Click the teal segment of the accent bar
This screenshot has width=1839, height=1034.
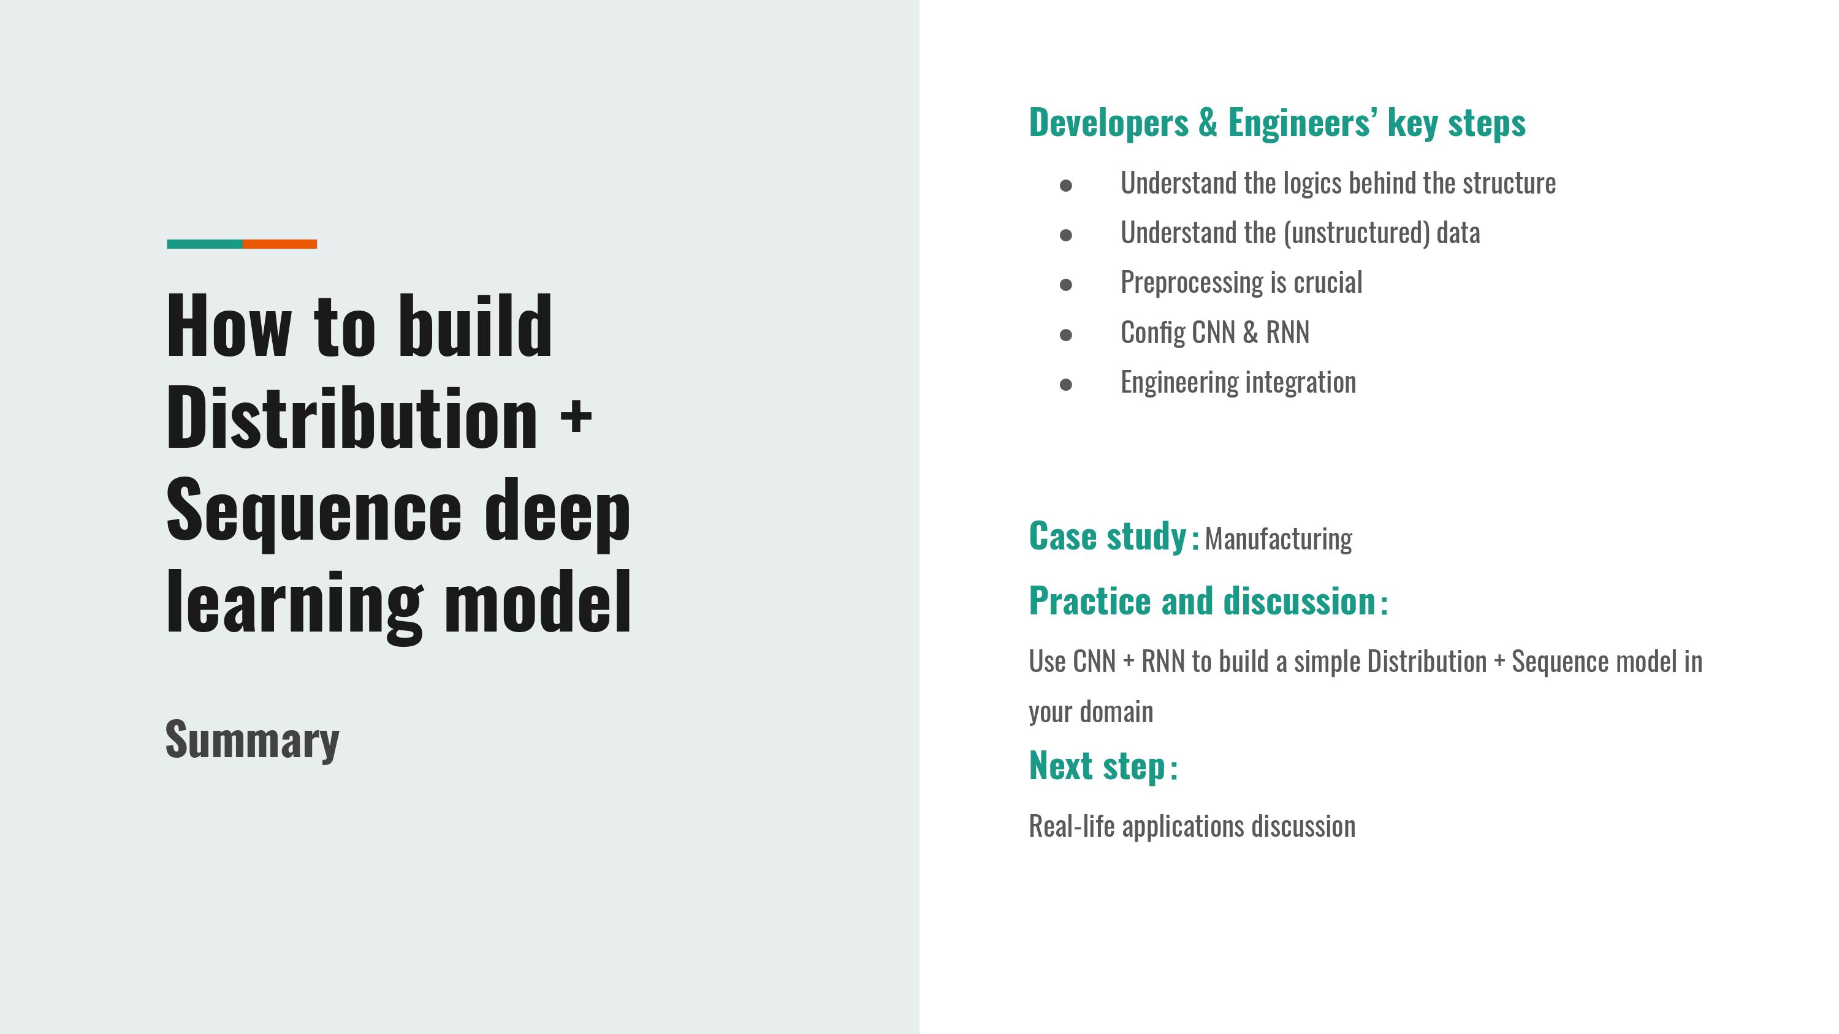tap(205, 244)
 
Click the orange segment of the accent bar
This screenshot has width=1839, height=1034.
tap(280, 244)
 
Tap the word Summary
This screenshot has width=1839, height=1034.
tap(253, 741)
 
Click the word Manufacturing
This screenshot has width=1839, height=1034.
tap(1279, 540)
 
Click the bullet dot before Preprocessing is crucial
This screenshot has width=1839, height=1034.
tap(1066, 285)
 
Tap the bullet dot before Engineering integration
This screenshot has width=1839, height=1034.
tap(1066, 385)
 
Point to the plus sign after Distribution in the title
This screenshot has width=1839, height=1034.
tap(576, 415)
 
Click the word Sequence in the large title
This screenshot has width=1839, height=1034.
tap(314, 511)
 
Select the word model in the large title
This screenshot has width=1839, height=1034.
tap(538, 602)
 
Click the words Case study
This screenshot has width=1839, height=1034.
tap(1107, 536)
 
